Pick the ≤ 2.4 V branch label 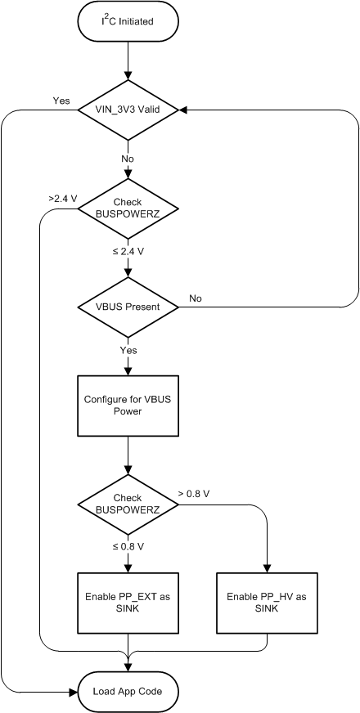click(x=129, y=252)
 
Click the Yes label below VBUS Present click(x=128, y=350)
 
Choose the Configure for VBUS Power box click(x=128, y=406)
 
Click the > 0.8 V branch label click(x=195, y=494)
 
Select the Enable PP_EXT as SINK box click(x=128, y=603)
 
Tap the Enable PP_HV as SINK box click(x=267, y=603)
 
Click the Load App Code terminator click(x=128, y=691)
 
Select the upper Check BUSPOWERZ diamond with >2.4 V click(x=128, y=209)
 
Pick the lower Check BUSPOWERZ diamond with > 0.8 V click(x=128, y=504)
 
